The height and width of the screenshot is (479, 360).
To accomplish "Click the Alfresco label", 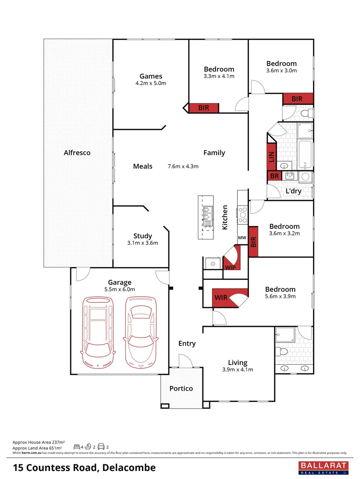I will click(77, 153).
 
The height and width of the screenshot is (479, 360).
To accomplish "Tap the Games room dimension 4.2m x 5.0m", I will click(150, 83).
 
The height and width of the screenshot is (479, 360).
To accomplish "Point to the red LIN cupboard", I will click(271, 157).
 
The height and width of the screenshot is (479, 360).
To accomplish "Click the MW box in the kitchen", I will click(242, 238).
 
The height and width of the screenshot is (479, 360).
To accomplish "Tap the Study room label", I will click(142, 236).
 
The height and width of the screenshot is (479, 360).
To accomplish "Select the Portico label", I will click(181, 388).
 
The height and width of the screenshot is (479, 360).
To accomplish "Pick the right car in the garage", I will click(141, 332).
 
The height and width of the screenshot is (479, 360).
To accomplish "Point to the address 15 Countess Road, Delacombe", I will click(84, 467).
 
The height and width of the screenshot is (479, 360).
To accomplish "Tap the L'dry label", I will click(293, 191).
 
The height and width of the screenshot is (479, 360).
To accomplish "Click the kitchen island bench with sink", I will click(207, 217).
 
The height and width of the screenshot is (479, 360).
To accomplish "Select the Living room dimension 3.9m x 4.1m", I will click(237, 369).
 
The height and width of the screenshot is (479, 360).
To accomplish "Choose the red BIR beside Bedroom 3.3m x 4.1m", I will click(204, 107).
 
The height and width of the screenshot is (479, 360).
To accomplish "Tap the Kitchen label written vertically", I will click(225, 217).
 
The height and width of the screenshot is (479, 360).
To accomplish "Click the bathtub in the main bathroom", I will click(306, 154).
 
